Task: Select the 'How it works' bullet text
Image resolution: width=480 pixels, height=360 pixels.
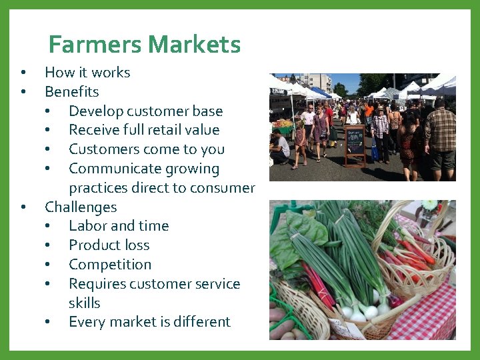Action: coord(87,72)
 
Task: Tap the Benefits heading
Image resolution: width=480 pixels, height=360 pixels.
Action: coord(71,91)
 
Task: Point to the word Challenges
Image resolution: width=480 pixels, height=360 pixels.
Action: coord(80,207)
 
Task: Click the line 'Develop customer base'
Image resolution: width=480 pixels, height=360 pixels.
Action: coord(145,111)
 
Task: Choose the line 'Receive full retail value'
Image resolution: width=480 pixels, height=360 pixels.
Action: coord(144,129)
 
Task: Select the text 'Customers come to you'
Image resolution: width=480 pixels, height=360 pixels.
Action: coord(146,149)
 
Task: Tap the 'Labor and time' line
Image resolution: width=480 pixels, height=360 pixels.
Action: coord(119,225)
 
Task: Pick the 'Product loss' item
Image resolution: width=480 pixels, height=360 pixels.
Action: coord(109,245)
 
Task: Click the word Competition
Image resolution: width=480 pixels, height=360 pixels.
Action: coord(110,264)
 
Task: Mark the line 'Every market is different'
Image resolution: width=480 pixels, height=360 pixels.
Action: coord(149,321)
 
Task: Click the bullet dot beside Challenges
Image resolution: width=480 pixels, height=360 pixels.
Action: coord(23,207)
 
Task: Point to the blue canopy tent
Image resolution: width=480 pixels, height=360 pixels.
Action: coord(321,91)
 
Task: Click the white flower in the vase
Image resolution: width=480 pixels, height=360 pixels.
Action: coord(430,205)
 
